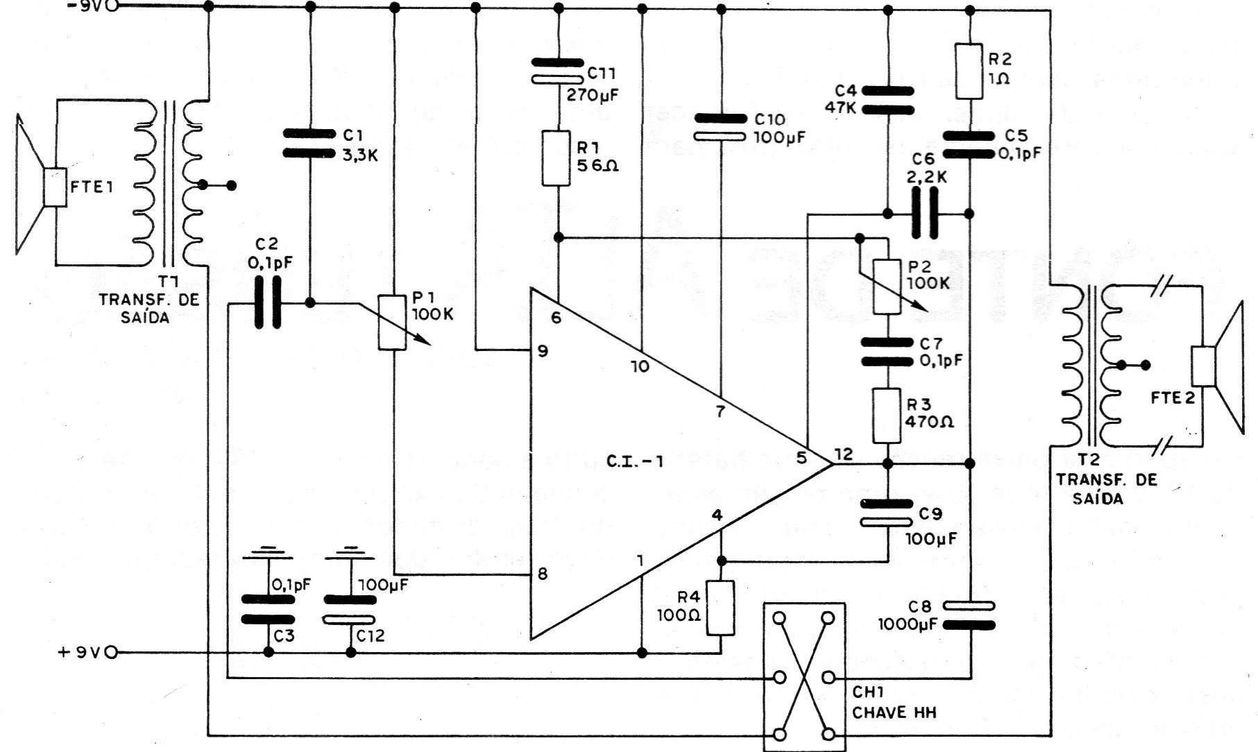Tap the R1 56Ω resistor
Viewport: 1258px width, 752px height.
pyautogui.click(x=556, y=158)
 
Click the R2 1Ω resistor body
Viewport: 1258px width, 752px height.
pyautogui.click(x=969, y=71)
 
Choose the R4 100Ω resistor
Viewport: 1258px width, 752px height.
pyautogui.click(x=721, y=608)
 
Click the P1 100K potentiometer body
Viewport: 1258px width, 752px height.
pyautogui.click(x=393, y=322)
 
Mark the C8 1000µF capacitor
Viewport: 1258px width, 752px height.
pyautogui.click(x=969, y=615)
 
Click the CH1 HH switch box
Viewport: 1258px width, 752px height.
pyautogui.click(x=804, y=676)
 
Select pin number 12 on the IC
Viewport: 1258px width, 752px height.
pyautogui.click(x=844, y=454)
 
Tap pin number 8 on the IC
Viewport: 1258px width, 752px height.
pyautogui.click(x=543, y=574)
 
